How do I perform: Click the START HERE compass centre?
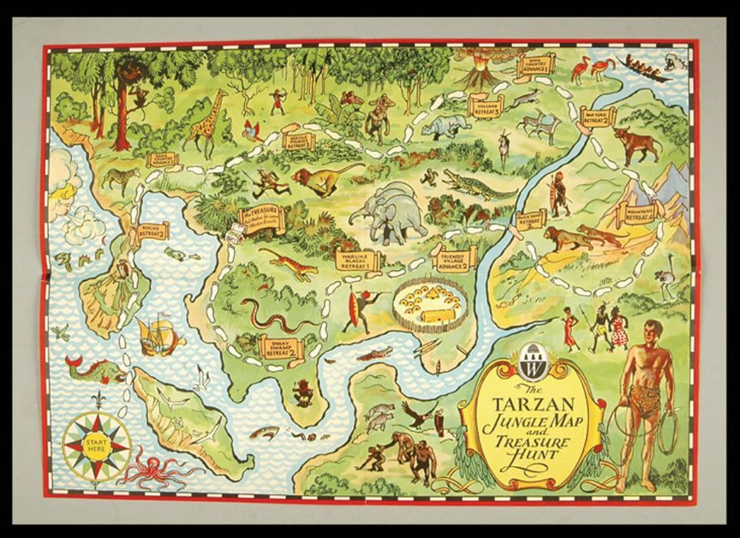click(x=96, y=445)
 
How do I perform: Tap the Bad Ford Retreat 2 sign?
click(x=597, y=117)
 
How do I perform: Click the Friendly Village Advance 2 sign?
click(x=452, y=259)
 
